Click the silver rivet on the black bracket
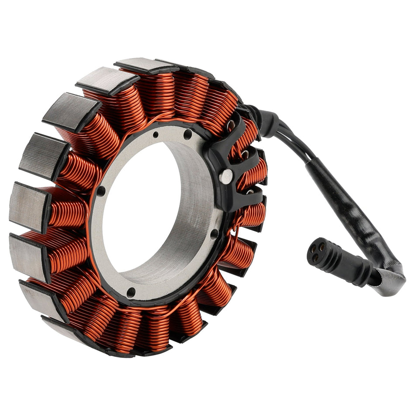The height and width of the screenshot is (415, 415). coord(226,176)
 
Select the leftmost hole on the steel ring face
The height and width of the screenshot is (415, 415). coord(101,190)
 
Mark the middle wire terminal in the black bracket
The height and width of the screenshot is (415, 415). coord(246,155)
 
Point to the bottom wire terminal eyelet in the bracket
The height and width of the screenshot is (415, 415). coord(250,191)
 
